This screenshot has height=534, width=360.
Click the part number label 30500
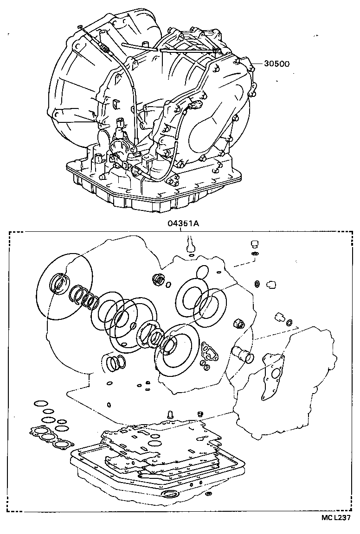[277, 64]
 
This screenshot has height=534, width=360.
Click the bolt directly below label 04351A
[190, 244]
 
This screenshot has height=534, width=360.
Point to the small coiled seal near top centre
[158, 279]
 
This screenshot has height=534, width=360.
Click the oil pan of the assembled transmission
[153, 195]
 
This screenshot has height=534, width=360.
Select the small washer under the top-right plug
[254, 254]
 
